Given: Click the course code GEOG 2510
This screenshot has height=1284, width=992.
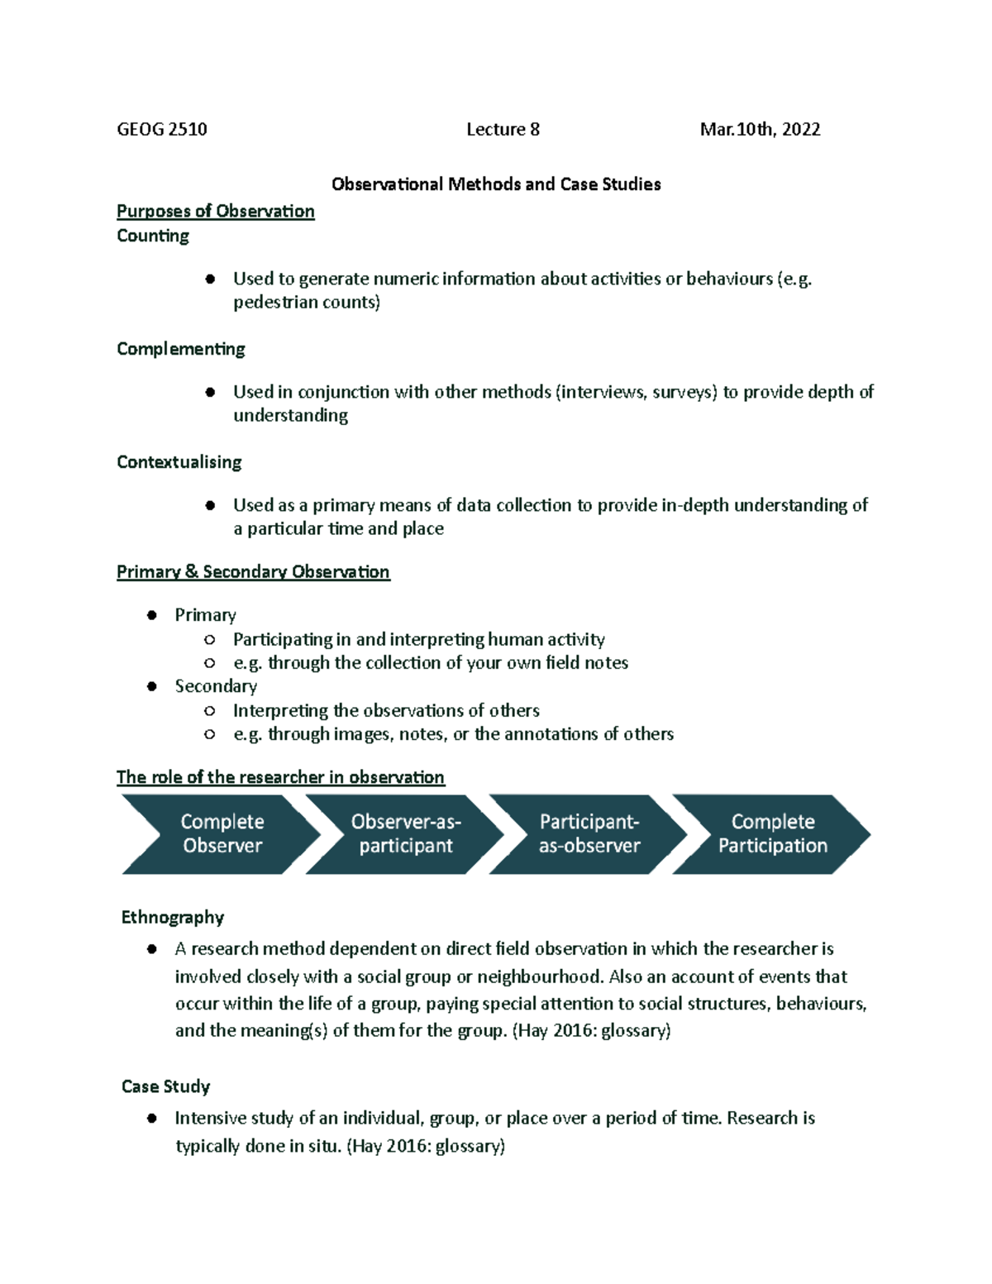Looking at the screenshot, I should [x=162, y=129].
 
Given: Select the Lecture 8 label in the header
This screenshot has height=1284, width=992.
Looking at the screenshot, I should [x=503, y=129].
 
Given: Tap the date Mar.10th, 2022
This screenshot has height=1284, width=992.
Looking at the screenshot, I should [x=760, y=129].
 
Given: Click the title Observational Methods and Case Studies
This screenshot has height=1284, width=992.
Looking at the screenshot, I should [x=496, y=184].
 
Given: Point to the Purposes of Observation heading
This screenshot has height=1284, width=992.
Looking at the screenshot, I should [x=215, y=211].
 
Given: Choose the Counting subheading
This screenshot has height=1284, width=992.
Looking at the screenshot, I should [x=153, y=236].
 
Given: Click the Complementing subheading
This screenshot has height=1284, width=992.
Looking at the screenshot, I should [x=180, y=349].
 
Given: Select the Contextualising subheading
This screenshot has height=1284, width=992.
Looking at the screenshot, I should [x=179, y=462].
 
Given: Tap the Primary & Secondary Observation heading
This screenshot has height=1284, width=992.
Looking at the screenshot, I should [x=253, y=571].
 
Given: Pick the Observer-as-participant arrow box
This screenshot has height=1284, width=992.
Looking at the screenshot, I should [x=405, y=833].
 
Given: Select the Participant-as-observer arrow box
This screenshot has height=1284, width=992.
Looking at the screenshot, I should [x=589, y=833].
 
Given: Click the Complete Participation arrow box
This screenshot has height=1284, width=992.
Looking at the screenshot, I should [x=772, y=833].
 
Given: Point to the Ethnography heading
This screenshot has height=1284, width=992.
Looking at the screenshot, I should [x=172, y=917].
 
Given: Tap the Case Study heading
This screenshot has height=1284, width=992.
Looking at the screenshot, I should [x=165, y=1086].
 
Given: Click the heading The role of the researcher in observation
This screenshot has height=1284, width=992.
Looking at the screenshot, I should [x=280, y=777].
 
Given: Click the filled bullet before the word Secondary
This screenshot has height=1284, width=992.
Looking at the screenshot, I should [x=151, y=686].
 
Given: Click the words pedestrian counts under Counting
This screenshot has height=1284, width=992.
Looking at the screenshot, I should [x=306, y=302].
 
